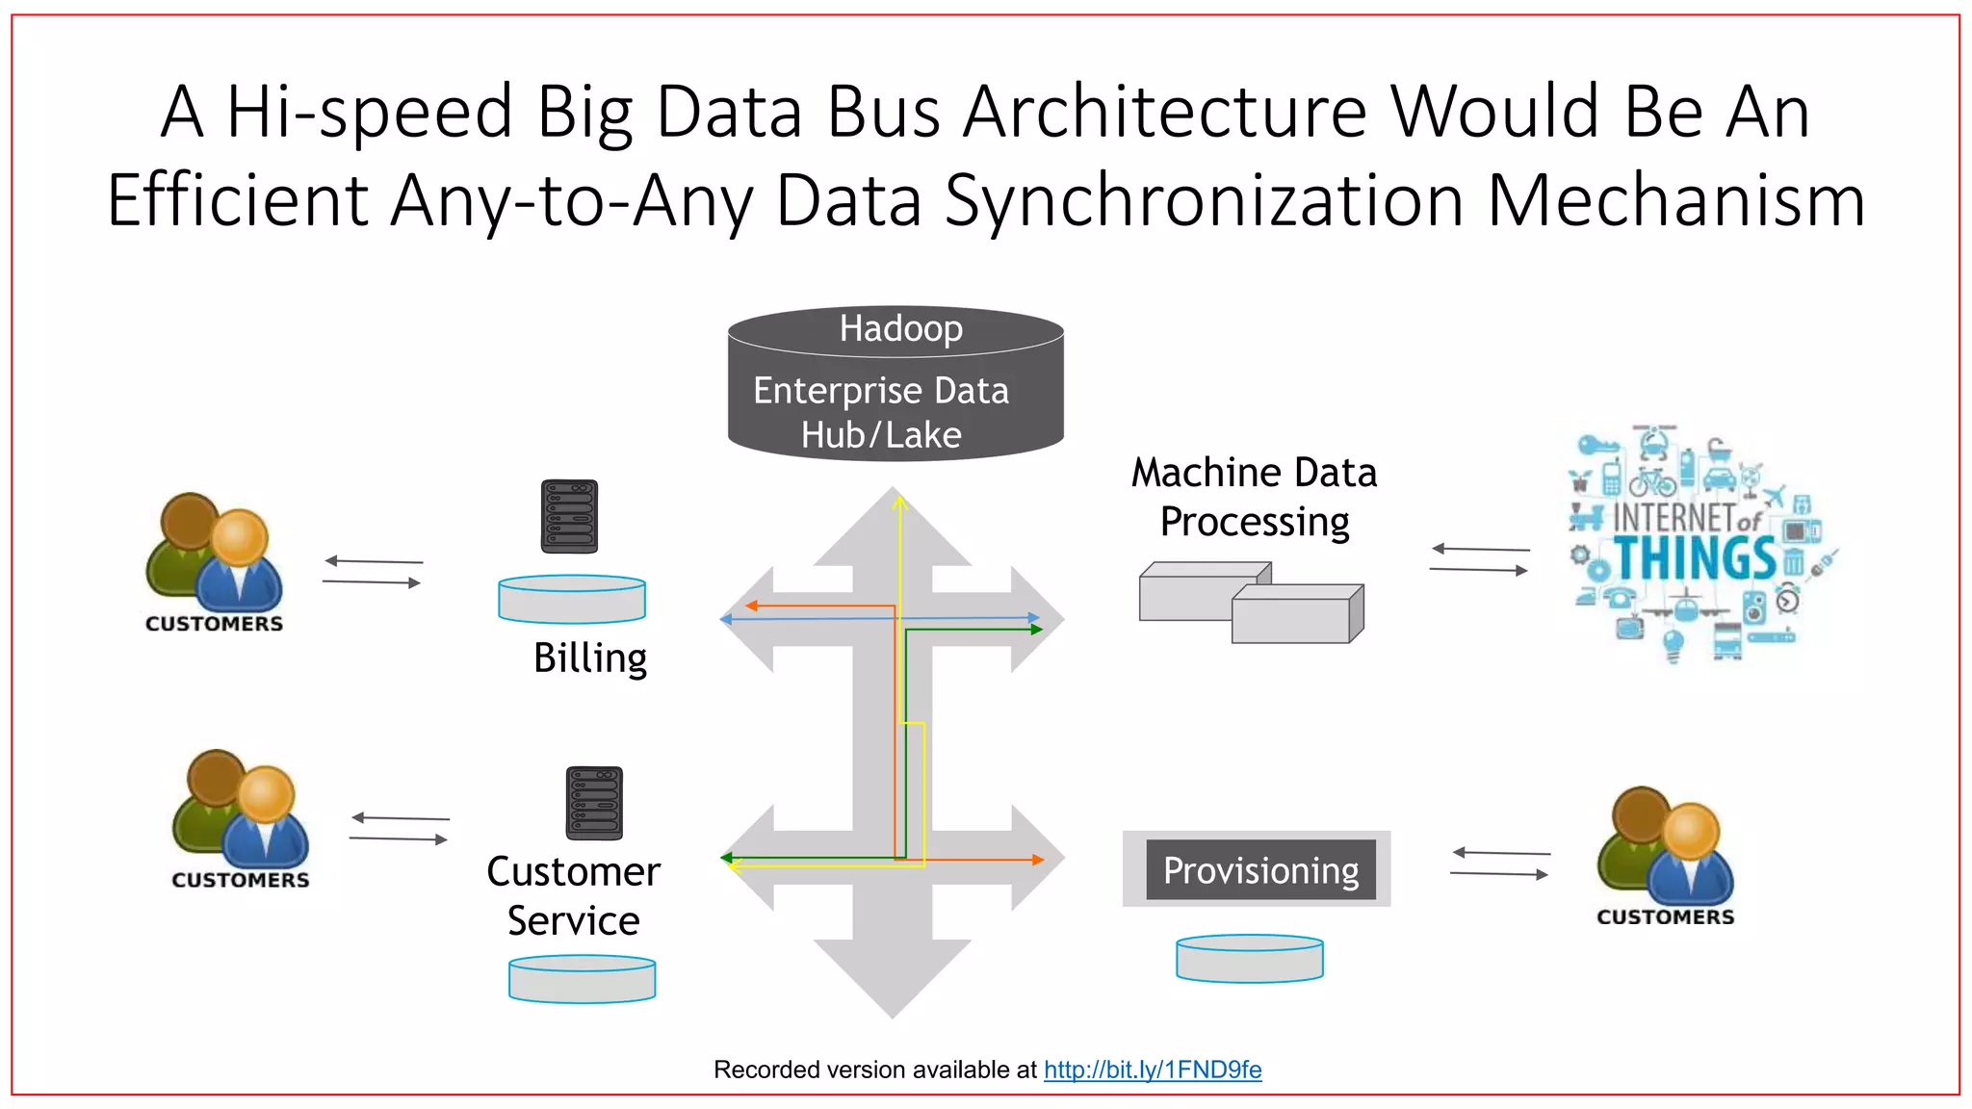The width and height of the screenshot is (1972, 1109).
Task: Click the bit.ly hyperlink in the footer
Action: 1153,1070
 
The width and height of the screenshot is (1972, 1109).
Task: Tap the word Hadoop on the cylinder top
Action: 900,328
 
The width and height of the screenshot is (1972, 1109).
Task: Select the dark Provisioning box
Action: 1260,870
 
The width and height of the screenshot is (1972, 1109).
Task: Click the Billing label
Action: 590,658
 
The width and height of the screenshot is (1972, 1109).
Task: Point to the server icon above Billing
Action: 569,516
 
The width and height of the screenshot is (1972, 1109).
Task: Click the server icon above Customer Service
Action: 594,803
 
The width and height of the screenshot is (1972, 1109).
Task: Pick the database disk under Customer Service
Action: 582,978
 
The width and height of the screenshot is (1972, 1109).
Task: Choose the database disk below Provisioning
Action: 1249,958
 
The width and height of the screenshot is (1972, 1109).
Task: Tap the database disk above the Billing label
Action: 572,598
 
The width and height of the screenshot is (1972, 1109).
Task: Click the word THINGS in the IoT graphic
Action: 1695,558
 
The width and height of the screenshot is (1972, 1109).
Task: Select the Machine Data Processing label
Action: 1254,497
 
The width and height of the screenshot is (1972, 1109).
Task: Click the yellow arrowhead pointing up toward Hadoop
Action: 899,502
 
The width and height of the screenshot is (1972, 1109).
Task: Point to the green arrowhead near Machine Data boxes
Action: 1036,630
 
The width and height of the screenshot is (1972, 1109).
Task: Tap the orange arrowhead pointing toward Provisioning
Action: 1038,860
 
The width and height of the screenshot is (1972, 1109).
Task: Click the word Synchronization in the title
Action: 1204,200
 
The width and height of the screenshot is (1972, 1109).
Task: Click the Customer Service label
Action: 573,895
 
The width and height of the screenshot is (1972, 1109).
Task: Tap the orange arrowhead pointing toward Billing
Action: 751,606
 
